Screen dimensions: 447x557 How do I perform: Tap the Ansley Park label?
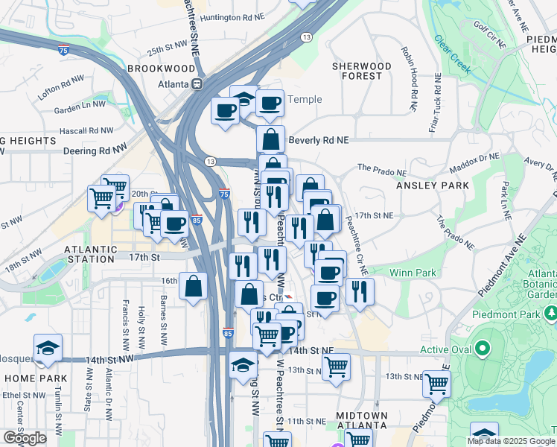(x=433, y=185)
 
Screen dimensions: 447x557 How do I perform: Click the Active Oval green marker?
(x=483, y=348)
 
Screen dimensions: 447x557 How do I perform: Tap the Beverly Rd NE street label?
(x=319, y=140)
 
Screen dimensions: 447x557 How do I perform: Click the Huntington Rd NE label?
(x=233, y=17)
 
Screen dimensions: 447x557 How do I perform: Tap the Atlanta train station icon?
(x=198, y=84)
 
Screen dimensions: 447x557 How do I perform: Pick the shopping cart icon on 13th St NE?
(x=337, y=367)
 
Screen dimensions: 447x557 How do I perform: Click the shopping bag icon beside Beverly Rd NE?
(x=271, y=139)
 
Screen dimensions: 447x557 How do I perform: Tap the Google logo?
(x=24, y=438)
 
